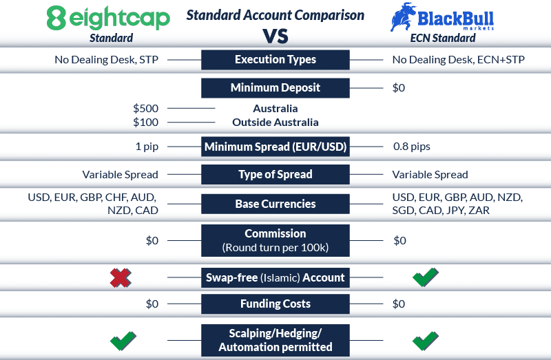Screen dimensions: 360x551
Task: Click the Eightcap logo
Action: (x=108, y=18)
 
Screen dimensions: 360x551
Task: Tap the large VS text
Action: (x=275, y=36)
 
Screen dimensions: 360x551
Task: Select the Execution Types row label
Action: (x=275, y=59)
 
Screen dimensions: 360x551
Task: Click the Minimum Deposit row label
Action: (x=275, y=88)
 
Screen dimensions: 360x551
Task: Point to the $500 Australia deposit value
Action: (x=146, y=109)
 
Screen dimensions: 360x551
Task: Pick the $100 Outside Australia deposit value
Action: (x=146, y=123)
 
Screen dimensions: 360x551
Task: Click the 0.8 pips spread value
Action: (x=411, y=147)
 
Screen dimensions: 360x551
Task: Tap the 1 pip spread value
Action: (x=147, y=147)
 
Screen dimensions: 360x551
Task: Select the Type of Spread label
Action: (x=275, y=175)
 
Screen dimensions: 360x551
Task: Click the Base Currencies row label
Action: (x=275, y=204)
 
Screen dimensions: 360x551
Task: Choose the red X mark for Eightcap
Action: (x=121, y=278)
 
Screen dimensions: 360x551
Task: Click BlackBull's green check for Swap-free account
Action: (x=425, y=278)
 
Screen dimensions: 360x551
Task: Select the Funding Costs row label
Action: (x=275, y=304)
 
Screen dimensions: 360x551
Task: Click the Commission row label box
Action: (x=275, y=240)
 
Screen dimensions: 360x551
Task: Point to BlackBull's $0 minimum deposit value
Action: (x=399, y=88)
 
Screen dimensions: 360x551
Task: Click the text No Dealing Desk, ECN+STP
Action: (x=458, y=60)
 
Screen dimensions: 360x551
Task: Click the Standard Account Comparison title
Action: (x=275, y=14)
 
